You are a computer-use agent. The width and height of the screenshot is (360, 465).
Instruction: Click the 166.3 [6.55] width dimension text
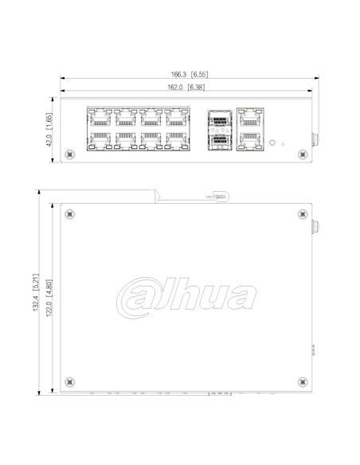(188, 73)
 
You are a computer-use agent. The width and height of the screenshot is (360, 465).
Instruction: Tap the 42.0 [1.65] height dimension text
(49, 131)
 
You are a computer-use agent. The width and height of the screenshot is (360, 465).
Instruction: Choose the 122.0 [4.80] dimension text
(49, 296)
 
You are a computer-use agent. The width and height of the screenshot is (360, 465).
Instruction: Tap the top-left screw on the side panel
(70, 213)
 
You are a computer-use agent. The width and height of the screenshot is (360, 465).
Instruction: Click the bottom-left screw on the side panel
(70, 378)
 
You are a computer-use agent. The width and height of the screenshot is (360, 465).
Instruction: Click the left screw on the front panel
(69, 154)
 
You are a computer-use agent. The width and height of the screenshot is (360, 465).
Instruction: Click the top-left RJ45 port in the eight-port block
(99, 119)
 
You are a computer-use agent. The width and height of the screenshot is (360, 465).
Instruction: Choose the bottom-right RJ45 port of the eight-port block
(175, 142)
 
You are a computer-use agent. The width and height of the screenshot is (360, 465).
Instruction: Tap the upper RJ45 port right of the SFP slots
(249, 119)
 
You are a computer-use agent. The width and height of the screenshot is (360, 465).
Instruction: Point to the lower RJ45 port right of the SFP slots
(249, 142)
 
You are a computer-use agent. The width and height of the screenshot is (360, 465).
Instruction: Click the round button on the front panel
(274, 143)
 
